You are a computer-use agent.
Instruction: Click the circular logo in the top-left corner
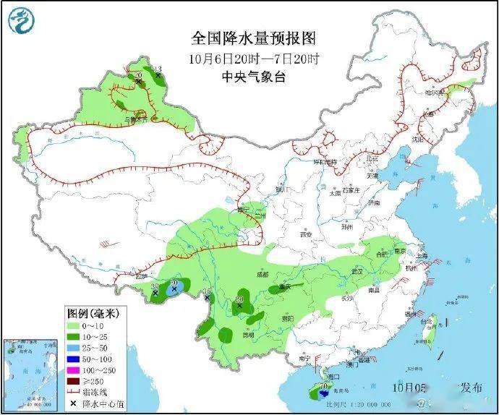22,20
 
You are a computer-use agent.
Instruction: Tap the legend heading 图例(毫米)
93,314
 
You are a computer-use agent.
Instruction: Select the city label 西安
304,234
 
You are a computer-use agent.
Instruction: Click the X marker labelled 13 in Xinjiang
157,75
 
